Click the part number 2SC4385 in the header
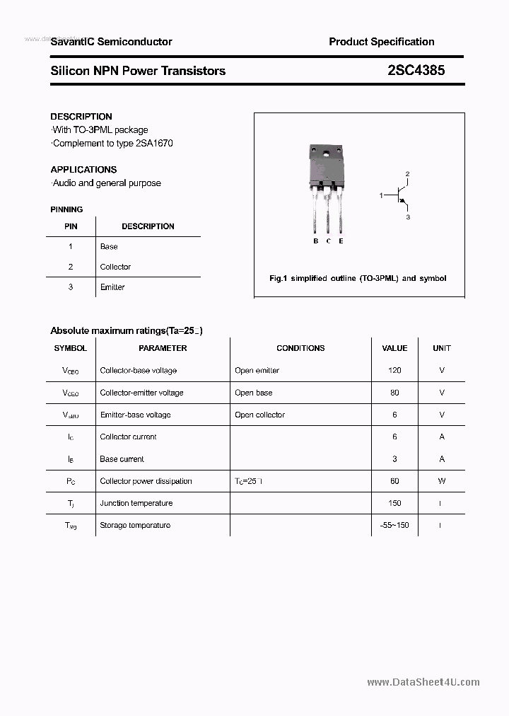(416, 71)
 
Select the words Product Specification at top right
(382, 42)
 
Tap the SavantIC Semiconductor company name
(111, 42)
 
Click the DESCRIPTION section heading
(81, 117)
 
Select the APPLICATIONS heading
(83, 170)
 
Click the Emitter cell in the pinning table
(112, 287)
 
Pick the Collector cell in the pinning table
(115, 267)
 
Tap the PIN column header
(71, 226)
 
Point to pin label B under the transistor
(316, 241)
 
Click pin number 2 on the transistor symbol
(408, 173)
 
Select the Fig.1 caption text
(358, 279)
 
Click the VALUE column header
(394, 348)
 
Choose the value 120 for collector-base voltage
(394, 371)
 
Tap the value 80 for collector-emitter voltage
(394, 393)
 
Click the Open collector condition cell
(259, 415)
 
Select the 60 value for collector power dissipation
(394, 481)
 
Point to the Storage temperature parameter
(135, 525)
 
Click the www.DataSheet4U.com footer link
(423, 682)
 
